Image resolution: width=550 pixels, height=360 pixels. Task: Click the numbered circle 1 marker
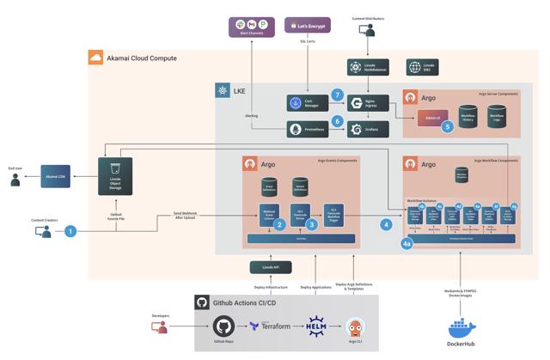tap(71, 231)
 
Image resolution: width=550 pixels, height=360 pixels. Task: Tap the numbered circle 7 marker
tap(338, 95)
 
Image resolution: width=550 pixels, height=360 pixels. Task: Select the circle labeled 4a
tap(407, 244)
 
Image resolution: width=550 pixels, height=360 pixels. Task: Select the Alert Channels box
tap(251, 27)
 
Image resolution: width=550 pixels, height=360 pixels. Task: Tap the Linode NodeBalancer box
tap(368, 67)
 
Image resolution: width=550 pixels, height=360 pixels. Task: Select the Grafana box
tap(368, 129)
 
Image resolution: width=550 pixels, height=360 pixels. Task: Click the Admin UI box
tap(433, 117)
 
